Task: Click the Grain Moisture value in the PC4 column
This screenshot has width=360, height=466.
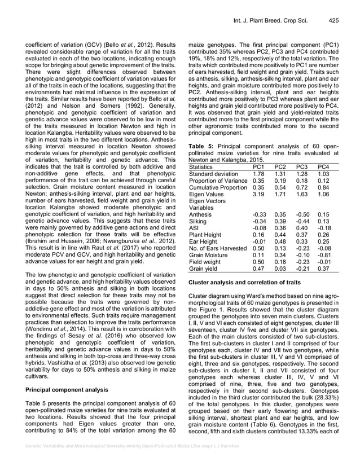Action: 323,254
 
